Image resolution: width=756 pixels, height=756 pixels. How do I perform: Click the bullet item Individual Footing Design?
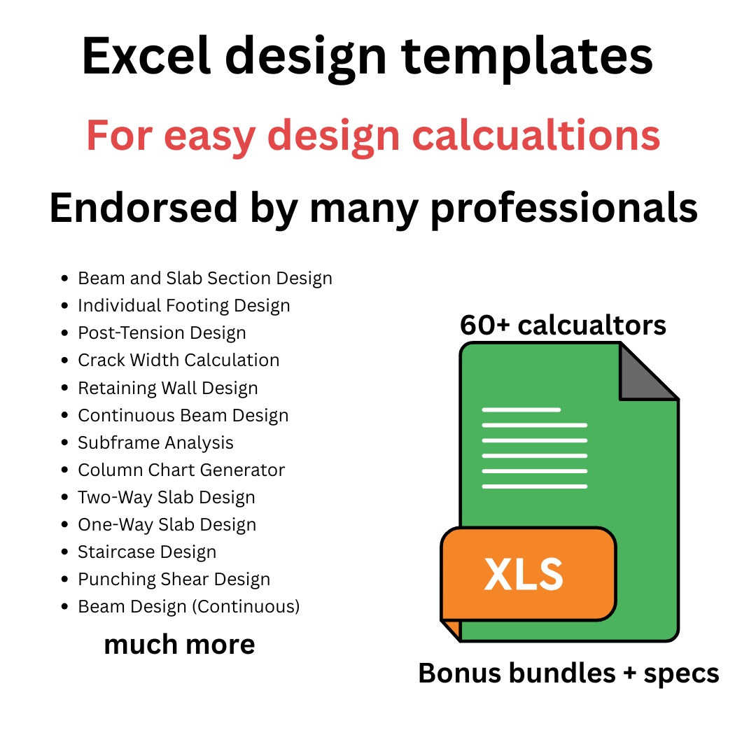point(183,306)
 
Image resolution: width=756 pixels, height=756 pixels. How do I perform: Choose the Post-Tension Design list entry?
point(162,333)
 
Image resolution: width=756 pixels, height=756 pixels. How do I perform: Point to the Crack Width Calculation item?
point(178,360)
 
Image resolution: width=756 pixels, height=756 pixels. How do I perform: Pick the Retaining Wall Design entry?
point(168,388)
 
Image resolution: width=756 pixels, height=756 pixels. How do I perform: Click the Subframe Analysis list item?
point(155,443)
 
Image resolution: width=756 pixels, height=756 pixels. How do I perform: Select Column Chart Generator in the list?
point(181,470)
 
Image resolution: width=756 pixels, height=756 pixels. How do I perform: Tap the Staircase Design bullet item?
point(147,552)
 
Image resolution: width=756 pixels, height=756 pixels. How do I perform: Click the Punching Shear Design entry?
point(174,580)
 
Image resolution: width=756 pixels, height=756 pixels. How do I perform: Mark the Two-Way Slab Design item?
point(167,498)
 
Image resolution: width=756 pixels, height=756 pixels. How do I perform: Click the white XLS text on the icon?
point(524,574)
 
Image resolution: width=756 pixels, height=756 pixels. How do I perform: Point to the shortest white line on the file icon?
point(521,409)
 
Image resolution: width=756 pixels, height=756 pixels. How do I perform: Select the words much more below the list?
point(179,645)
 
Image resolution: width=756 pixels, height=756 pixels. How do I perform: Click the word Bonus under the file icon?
point(459,673)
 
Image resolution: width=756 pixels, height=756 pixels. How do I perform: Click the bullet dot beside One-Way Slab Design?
point(65,525)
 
